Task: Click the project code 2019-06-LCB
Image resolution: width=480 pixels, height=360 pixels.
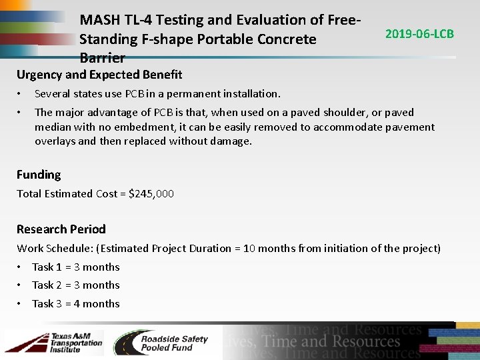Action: point(420,33)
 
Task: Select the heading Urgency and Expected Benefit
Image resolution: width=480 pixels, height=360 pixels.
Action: point(99,75)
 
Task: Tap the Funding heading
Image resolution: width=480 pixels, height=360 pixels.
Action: point(39,175)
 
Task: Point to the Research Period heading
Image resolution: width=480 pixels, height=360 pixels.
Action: point(61,229)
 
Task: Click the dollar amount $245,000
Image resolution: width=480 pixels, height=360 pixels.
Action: point(151,194)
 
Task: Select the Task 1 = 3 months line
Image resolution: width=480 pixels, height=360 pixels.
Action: point(75,267)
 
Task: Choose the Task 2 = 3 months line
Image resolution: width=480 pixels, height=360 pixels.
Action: point(75,285)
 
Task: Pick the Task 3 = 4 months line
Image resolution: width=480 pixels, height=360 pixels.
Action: point(75,303)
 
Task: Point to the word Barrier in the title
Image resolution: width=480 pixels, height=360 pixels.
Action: point(102,57)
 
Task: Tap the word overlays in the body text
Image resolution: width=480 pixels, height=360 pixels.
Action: point(57,141)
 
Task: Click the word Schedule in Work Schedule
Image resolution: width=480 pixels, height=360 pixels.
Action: point(71,248)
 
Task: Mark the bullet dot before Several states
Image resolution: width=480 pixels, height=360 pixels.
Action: point(20,93)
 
